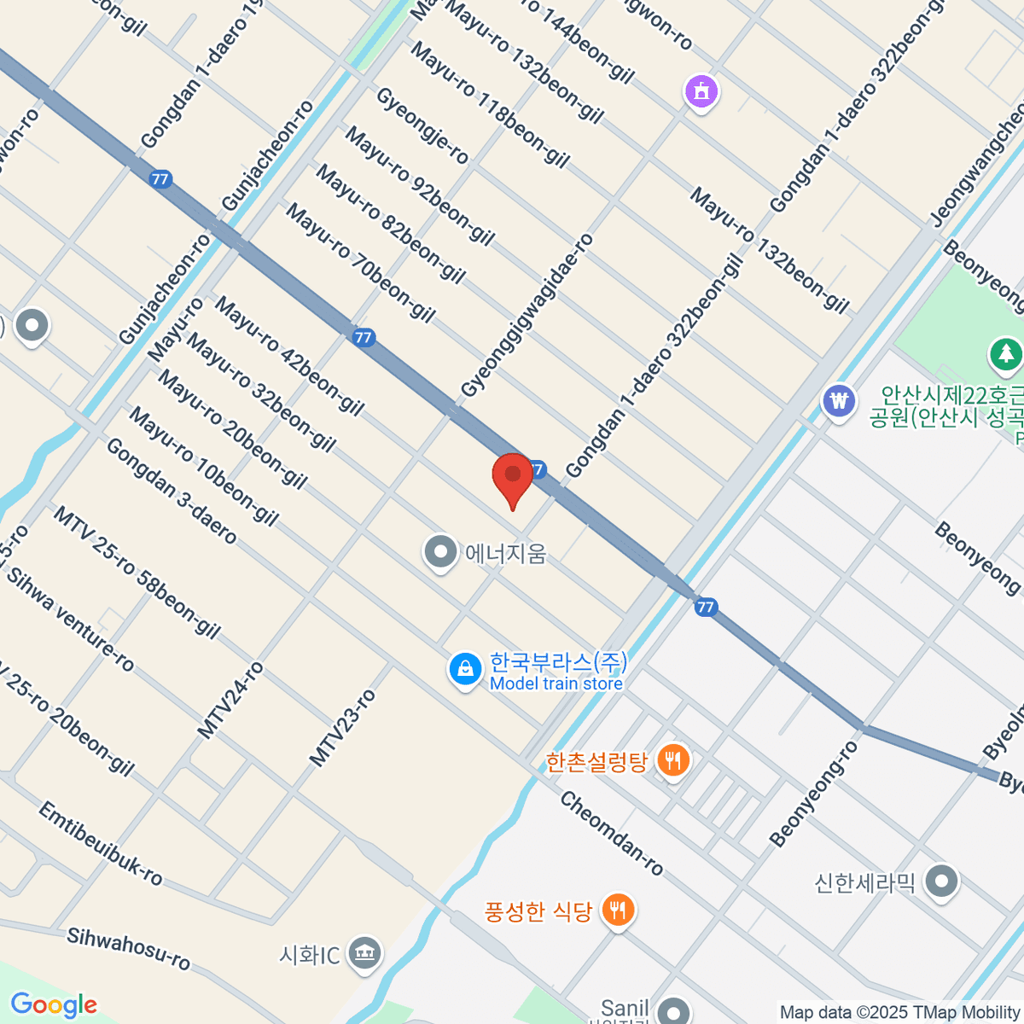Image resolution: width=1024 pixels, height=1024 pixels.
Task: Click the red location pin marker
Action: (513, 478)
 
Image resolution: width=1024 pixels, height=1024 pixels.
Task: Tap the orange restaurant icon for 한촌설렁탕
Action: (673, 759)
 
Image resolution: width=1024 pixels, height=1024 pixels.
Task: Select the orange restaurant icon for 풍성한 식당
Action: (617, 910)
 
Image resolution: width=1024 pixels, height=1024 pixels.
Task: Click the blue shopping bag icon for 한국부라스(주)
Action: (465, 670)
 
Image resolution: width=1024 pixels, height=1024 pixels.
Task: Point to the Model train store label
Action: (556, 684)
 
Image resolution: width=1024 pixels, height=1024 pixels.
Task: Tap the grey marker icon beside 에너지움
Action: (440, 552)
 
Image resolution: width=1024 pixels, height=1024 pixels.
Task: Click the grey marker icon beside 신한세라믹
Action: (942, 881)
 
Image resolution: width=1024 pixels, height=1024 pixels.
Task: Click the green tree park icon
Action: (1006, 352)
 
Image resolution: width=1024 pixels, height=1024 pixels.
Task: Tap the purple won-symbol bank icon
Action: (840, 400)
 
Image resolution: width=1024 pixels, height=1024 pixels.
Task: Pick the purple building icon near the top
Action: (701, 90)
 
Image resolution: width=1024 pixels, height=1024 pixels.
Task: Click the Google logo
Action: (54, 1005)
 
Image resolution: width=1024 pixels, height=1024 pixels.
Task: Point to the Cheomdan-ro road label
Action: (612, 834)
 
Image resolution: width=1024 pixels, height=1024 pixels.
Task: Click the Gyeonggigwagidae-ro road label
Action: (527, 317)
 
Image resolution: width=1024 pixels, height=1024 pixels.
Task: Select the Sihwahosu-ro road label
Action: (129, 948)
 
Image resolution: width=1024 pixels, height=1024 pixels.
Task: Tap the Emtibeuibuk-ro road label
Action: (101, 844)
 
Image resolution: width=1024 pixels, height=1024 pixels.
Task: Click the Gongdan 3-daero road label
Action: (172, 492)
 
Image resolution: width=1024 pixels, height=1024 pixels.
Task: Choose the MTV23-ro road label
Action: (342, 728)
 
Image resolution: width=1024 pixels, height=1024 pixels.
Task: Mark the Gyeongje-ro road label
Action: (422, 125)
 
